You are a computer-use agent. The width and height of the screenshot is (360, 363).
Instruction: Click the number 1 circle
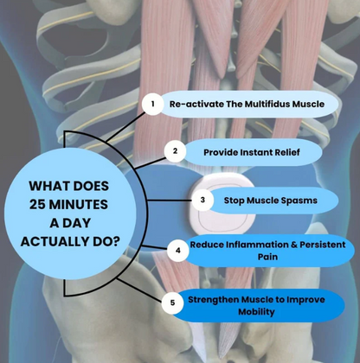click(152, 104)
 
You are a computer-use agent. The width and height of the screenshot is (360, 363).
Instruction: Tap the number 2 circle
click(175, 151)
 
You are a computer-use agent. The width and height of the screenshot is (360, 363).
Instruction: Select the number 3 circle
click(202, 200)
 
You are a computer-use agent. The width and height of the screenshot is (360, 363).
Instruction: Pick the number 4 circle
click(178, 251)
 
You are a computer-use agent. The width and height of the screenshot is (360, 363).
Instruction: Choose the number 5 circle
click(172, 302)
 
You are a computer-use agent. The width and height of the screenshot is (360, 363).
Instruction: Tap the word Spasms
click(299, 201)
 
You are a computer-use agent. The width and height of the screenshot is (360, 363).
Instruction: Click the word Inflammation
click(257, 245)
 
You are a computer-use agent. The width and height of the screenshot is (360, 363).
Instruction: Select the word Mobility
click(256, 312)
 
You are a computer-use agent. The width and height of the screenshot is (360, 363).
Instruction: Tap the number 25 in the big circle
click(37, 205)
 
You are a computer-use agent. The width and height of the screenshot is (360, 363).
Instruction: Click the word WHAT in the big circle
click(46, 186)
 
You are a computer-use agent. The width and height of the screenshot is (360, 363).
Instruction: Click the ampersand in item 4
click(294, 245)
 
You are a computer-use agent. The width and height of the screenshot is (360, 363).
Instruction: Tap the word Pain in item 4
click(267, 257)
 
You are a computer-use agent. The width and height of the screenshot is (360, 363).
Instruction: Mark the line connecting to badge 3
click(170, 201)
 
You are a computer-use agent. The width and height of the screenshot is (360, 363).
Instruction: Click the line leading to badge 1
click(125, 127)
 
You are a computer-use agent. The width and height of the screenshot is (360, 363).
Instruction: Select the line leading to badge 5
click(139, 290)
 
